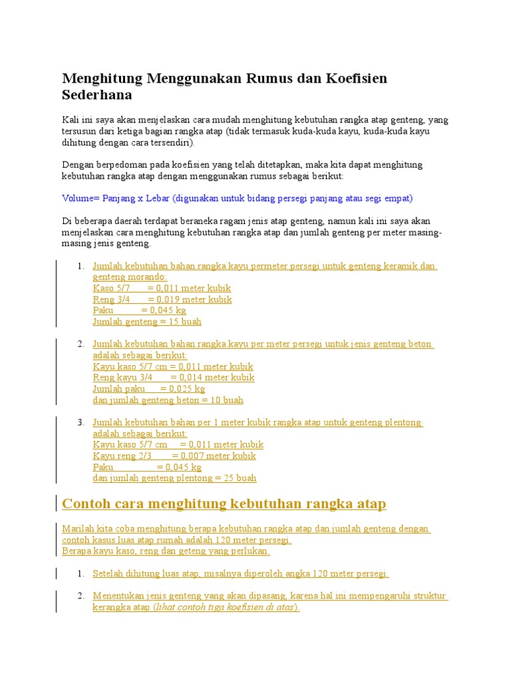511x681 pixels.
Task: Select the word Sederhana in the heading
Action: [97, 95]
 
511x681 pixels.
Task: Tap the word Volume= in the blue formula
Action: [81, 198]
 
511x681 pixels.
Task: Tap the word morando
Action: [144, 277]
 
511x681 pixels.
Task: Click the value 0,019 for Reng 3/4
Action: [170, 299]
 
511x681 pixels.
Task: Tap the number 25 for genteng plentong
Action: [220, 478]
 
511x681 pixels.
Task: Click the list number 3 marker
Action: [80, 422]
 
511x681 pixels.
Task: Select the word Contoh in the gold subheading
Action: [85, 504]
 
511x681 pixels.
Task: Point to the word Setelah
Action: [107, 573]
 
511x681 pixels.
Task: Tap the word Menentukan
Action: [118, 596]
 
